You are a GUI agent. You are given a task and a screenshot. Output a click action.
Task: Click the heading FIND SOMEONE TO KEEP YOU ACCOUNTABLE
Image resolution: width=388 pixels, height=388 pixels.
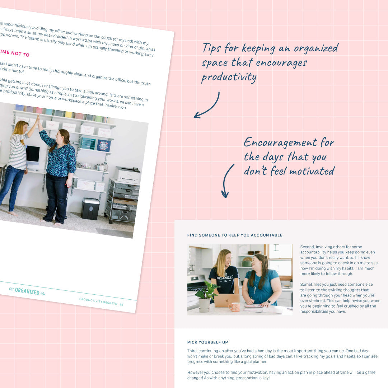point(235,235)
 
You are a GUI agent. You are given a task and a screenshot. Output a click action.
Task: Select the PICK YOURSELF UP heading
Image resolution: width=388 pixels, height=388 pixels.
point(207,342)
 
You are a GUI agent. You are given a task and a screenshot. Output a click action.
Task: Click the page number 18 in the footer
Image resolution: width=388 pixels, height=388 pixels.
point(122,304)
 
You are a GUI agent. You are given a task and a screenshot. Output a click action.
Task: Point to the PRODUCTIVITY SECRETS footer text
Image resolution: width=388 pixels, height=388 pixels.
point(98,301)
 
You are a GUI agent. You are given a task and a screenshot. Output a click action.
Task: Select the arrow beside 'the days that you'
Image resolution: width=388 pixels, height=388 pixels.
point(228,181)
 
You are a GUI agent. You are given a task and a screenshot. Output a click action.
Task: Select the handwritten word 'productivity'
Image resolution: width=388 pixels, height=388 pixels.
point(229,77)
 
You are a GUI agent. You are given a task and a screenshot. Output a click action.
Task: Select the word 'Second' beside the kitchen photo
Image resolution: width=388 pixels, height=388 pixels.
point(308,247)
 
